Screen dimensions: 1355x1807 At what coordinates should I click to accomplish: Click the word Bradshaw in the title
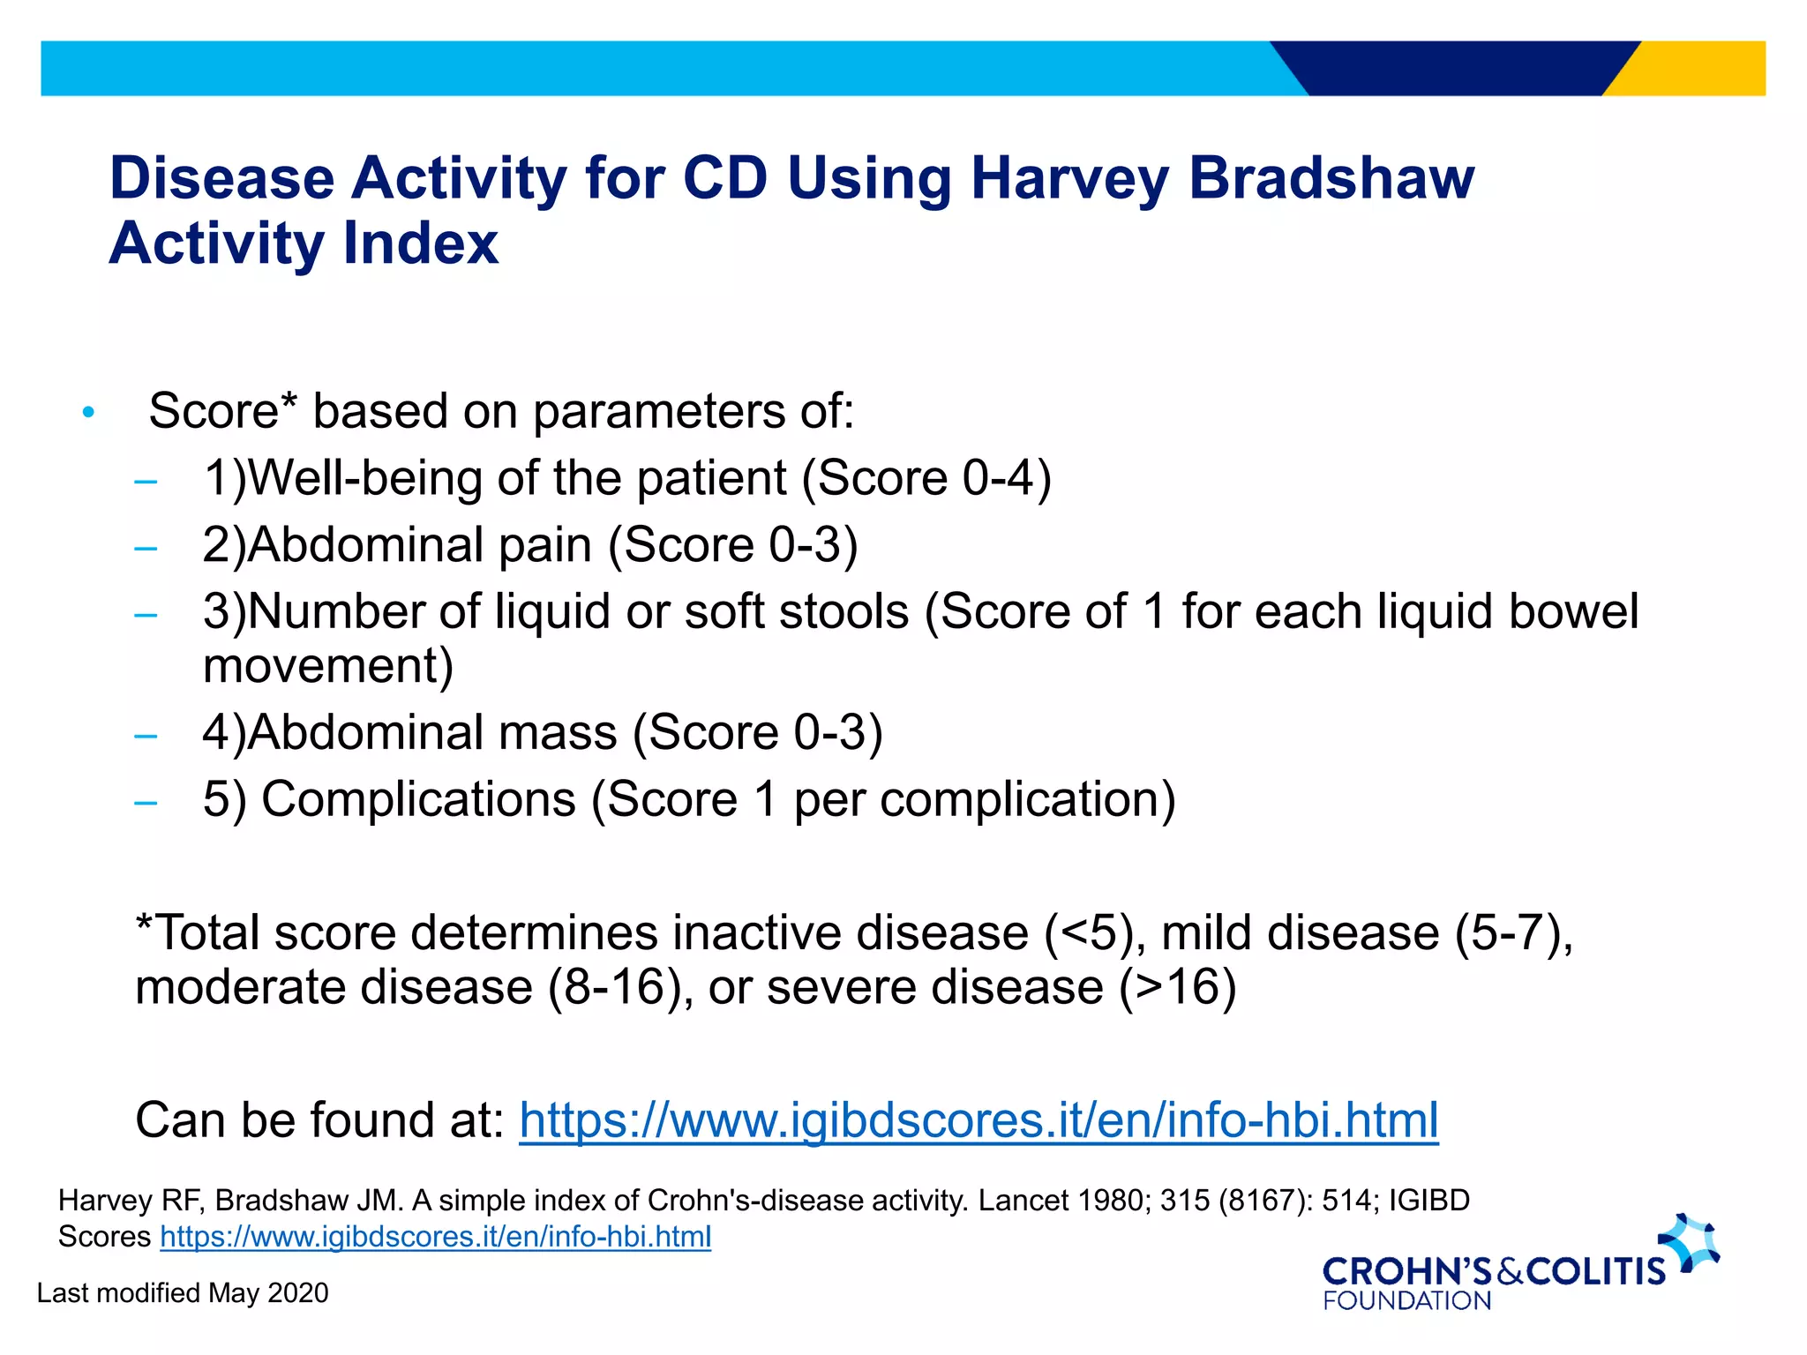1331,179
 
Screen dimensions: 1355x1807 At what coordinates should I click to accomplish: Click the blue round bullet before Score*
87,413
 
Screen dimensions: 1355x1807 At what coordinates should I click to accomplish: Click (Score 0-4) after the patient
926,479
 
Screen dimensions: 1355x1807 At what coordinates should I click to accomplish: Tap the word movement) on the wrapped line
328,666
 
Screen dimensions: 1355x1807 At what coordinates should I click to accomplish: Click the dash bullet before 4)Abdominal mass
146,736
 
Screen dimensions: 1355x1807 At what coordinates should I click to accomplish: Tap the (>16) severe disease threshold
1178,987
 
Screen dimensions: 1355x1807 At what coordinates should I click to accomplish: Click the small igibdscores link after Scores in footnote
435,1237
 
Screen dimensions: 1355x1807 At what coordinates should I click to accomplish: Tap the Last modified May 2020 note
183,1293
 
